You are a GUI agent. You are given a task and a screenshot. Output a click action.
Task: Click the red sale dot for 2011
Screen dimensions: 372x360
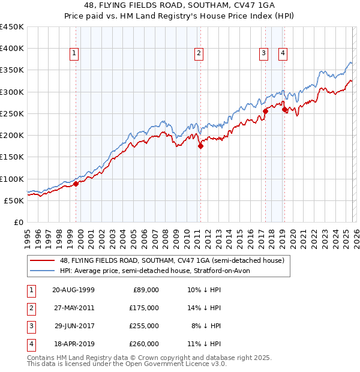tap(200, 145)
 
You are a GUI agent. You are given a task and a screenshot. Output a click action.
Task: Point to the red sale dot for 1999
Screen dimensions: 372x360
tap(76, 184)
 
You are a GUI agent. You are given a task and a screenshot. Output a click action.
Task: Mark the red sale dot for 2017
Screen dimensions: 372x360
tap(265, 111)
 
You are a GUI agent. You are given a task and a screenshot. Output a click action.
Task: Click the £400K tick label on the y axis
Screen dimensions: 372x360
tap(11, 49)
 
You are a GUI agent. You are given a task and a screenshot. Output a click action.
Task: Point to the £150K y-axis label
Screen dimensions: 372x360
tap(11, 157)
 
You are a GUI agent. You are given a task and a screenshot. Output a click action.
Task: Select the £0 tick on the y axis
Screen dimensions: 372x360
tap(18, 222)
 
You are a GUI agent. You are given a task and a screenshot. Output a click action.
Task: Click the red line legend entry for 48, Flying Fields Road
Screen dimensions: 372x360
tap(175, 260)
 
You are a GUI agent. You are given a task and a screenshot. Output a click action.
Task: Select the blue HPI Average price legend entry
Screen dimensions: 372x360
tap(158, 271)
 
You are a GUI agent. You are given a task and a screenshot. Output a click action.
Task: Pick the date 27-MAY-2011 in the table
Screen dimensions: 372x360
tap(73, 308)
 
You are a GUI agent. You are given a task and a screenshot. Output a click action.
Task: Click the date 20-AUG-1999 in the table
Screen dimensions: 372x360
tap(73, 290)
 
